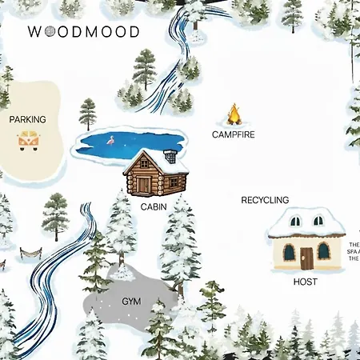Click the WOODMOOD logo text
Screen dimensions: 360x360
point(83,32)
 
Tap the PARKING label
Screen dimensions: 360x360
point(27,120)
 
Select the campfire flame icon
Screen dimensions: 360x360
point(234,114)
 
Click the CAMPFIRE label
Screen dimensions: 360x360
point(234,134)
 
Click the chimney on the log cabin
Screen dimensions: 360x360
point(170,155)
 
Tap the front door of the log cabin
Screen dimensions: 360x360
point(143,185)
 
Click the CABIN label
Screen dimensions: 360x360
point(154,206)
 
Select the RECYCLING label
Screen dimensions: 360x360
point(265,200)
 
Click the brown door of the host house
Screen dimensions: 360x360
point(306,258)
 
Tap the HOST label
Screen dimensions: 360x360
point(305,282)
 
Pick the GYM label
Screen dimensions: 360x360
point(130,302)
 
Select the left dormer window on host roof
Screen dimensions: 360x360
point(295,221)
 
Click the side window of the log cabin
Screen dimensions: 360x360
point(173,182)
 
